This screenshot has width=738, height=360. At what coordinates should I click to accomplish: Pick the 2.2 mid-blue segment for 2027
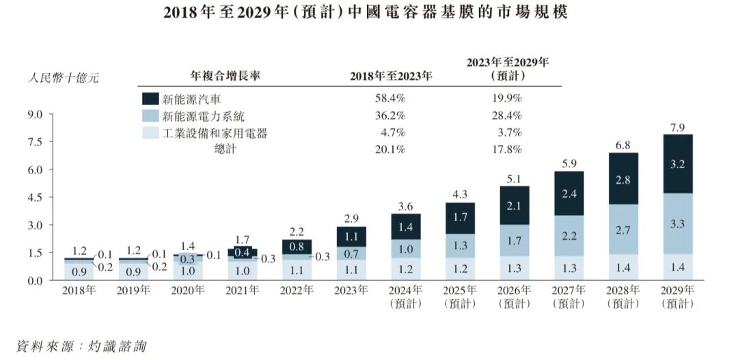point(569,235)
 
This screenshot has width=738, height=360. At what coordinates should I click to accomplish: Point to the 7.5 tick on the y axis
point(34,142)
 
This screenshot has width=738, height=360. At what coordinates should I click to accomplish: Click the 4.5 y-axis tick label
point(34,198)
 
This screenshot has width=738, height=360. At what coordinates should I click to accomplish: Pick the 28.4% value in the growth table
point(506,116)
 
